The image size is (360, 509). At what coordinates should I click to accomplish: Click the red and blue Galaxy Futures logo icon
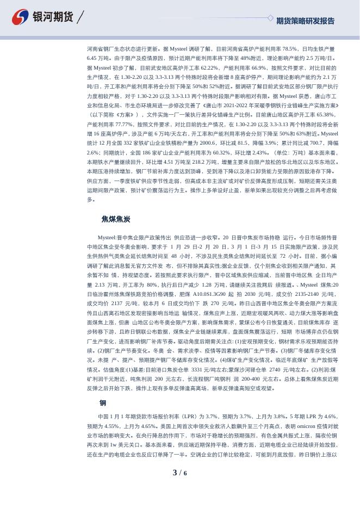click(21, 17)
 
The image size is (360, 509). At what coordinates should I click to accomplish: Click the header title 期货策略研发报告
click(305, 21)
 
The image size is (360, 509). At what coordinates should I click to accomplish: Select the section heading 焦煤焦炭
click(116, 219)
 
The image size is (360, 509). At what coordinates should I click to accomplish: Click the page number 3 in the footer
click(175, 473)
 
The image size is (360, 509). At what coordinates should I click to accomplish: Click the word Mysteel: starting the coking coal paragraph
click(110, 238)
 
